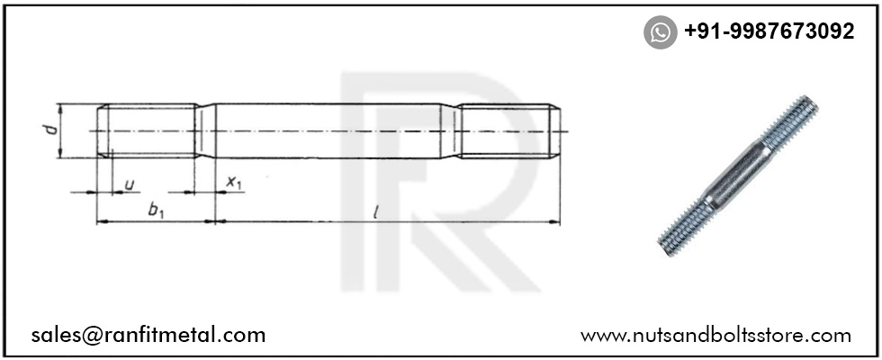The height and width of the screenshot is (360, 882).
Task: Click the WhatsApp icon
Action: pos(660,32)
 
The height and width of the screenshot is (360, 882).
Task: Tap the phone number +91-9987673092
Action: pos(769,32)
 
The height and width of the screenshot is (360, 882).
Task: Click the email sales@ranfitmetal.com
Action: pos(148,336)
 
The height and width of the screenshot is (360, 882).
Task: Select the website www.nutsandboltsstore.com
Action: pos(715,336)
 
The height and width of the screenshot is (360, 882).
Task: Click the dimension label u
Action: pos(130,184)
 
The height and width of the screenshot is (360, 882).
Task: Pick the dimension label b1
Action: pos(155,211)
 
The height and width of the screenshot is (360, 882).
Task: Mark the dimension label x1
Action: pos(234,184)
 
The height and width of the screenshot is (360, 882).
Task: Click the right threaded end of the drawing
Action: pos(508,131)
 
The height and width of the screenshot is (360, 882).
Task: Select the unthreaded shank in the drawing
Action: pos(333,131)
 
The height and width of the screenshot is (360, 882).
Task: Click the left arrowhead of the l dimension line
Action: pos(221,221)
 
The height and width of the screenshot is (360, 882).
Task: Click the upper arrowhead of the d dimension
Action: pos(60,108)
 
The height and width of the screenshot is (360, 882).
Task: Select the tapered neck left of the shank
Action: pos(208,131)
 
